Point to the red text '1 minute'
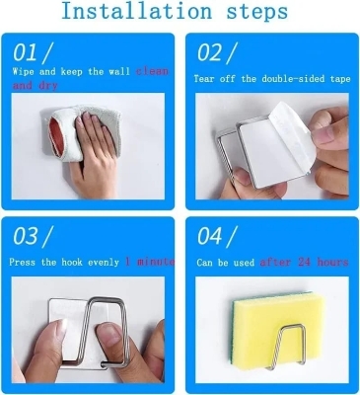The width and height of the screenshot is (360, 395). [x=150, y=262]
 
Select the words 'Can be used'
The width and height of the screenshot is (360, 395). [x=225, y=262]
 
